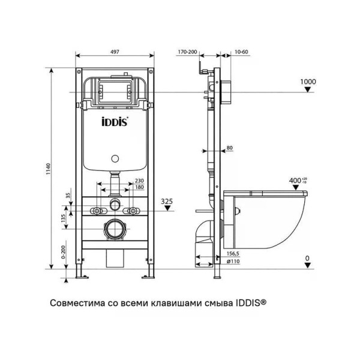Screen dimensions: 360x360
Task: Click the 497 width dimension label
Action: click(x=115, y=52)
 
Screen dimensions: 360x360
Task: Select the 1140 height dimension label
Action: click(x=48, y=169)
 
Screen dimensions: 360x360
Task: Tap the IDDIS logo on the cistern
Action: click(x=115, y=122)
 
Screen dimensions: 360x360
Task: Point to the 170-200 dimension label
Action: click(x=187, y=52)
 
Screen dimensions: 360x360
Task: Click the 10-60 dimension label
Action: click(x=241, y=52)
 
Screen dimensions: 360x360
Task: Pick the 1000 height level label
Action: click(x=308, y=82)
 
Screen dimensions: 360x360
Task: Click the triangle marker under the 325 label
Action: click(x=168, y=208)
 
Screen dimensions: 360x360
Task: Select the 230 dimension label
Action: click(x=139, y=181)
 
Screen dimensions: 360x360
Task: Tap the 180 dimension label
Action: click(x=139, y=187)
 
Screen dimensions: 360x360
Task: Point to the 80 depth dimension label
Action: click(x=230, y=148)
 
